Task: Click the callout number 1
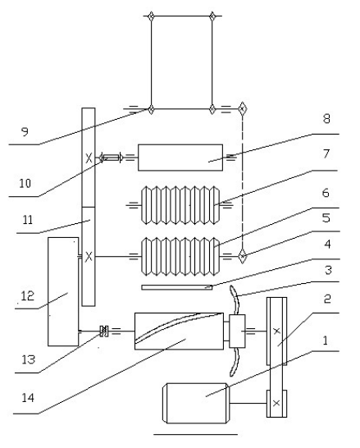pos(325,341)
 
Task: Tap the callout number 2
pos(327,299)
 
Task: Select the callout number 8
pos(326,118)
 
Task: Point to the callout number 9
pos(25,132)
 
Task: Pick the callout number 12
pos(28,296)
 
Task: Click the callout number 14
pos(28,397)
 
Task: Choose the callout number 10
pos(25,183)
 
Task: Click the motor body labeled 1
pos(195,403)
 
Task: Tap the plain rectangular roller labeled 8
pos(180,158)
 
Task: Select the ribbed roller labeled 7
pos(180,205)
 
